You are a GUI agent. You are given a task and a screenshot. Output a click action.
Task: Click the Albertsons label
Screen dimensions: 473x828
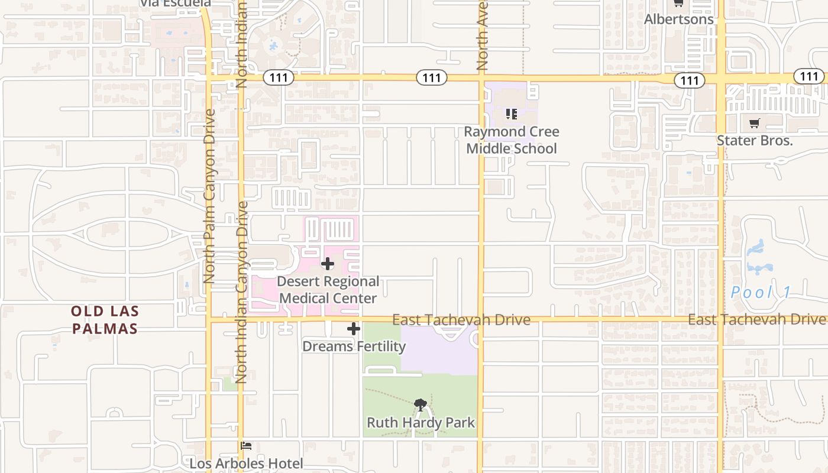coord(678,19)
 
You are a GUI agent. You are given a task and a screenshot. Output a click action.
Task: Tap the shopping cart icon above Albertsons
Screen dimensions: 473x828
coord(678,4)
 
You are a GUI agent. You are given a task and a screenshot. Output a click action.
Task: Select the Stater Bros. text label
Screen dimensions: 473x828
coord(754,140)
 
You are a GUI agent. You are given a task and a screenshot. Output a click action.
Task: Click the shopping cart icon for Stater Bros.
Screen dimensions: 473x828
coord(754,124)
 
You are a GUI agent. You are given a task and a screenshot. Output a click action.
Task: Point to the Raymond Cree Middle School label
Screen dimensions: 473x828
coord(512,140)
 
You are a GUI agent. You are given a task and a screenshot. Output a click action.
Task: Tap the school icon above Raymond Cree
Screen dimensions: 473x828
coord(512,114)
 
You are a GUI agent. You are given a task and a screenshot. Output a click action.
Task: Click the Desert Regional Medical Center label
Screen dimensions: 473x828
coord(328,290)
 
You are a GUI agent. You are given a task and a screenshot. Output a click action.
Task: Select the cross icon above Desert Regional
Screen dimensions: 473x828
coord(328,264)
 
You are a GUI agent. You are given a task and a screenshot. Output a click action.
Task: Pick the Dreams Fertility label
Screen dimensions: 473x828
coord(354,346)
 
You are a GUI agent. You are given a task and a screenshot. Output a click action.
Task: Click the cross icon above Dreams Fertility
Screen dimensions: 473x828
coord(354,329)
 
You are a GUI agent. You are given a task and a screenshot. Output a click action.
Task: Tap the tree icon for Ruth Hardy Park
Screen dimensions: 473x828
coord(421,405)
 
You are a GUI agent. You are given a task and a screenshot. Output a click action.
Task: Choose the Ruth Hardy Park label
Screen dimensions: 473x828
coord(421,423)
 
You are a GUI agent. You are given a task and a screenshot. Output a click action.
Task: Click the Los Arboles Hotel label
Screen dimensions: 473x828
coord(246,464)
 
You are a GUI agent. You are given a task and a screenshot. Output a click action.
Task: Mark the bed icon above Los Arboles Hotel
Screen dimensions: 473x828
coord(246,446)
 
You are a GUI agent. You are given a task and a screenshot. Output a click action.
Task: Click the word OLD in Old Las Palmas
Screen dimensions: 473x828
coord(87,311)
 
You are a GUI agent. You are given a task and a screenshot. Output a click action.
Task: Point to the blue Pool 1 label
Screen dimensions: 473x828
coord(761,292)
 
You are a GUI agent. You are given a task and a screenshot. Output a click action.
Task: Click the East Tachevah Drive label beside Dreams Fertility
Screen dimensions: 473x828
coord(461,320)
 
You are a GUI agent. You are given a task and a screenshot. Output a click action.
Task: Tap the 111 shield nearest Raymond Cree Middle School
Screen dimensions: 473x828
coord(431,77)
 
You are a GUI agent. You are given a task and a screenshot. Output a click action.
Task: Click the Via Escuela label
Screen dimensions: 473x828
coord(175,4)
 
